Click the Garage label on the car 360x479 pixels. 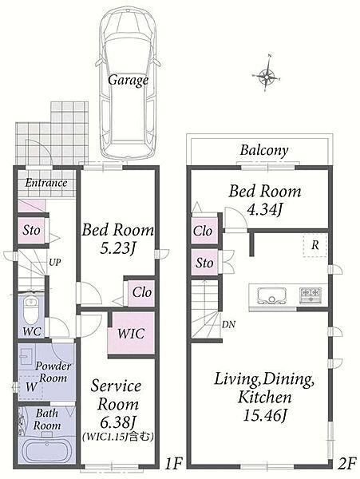tap(129, 81)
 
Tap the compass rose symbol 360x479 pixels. tap(267, 74)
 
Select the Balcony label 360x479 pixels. tap(264, 151)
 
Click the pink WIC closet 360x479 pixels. tap(131, 333)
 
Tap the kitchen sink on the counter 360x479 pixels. tap(271, 295)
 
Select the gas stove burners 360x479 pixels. tap(311, 295)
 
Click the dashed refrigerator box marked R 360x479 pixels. tap(315, 246)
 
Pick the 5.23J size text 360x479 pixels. tap(117, 249)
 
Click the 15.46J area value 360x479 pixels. tap(265, 415)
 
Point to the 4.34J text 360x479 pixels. tap(264, 210)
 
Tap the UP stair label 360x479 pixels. tap(55, 262)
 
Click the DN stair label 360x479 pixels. tap(228, 325)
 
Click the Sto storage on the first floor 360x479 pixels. tap(31, 231)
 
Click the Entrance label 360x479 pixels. tap(46, 183)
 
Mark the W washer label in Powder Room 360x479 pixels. tap(31, 387)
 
